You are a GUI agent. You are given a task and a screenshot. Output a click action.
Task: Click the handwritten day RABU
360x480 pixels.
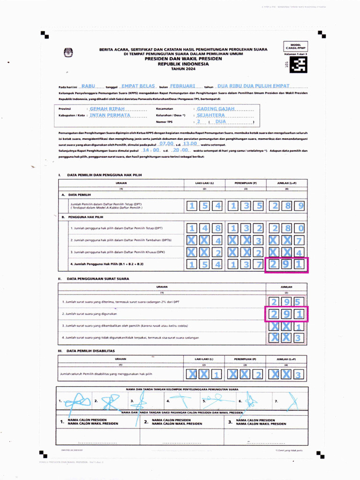click(x=88, y=87)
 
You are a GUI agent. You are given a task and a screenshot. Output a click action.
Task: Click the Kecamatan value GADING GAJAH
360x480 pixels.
click(x=216, y=108)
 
